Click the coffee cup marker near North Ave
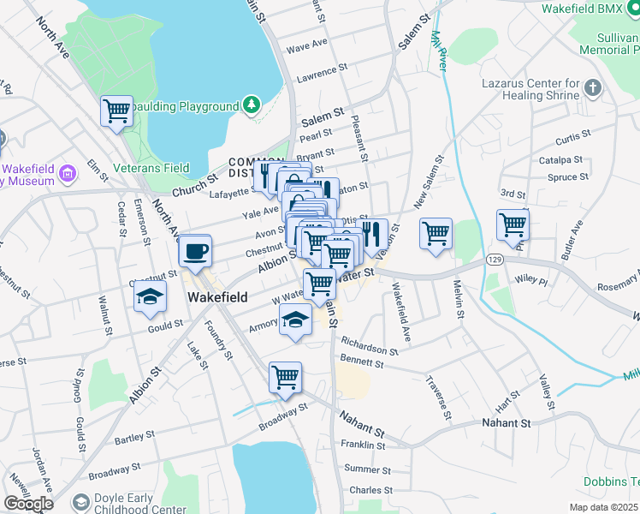point(195,250)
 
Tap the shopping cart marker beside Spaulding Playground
point(116,111)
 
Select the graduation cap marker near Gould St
point(150,297)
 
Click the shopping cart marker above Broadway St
point(285,378)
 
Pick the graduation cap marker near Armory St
point(296,320)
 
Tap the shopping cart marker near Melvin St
point(436,233)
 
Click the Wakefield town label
point(217,297)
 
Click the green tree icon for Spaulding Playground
point(252,105)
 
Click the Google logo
point(28,504)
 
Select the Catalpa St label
point(560,160)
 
